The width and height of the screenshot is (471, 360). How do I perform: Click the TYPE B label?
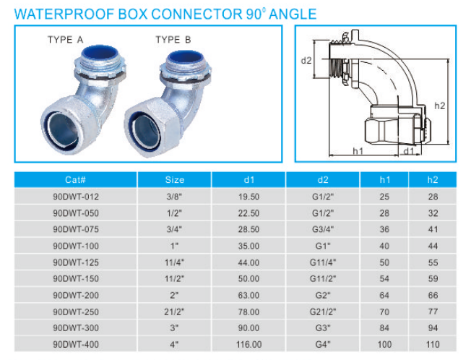[173, 40]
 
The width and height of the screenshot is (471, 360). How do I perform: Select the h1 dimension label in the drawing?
[357, 151]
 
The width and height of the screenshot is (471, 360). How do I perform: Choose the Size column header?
[175, 179]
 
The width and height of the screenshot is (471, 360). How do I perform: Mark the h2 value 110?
[433, 343]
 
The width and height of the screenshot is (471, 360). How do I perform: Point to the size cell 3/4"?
[175, 228]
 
